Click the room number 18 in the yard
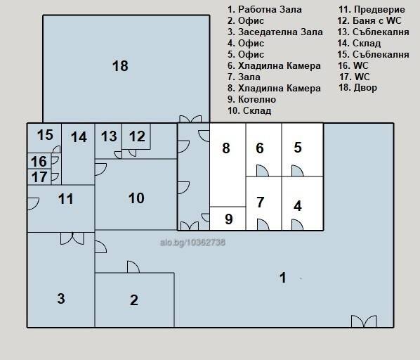pos(120,66)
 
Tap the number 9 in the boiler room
pos(228,219)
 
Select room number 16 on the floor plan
pos(39,162)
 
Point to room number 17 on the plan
pos(39,177)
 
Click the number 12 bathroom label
pos(137,136)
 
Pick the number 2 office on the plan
pos(134,300)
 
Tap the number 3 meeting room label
pos(61,298)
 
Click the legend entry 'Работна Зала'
pos(270,10)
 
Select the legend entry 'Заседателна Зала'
pos(280,32)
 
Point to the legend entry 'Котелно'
pos(257,99)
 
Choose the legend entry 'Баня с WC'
pos(377,20)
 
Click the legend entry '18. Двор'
pos(358,88)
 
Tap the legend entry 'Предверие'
pos(379,10)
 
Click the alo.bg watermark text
pos(192,243)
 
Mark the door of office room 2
pos(133,266)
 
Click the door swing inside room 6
pos(263,170)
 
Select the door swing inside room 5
pos(297,170)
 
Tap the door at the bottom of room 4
pos(297,224)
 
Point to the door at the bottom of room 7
pos(263,224)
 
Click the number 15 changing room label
pos(45,135)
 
